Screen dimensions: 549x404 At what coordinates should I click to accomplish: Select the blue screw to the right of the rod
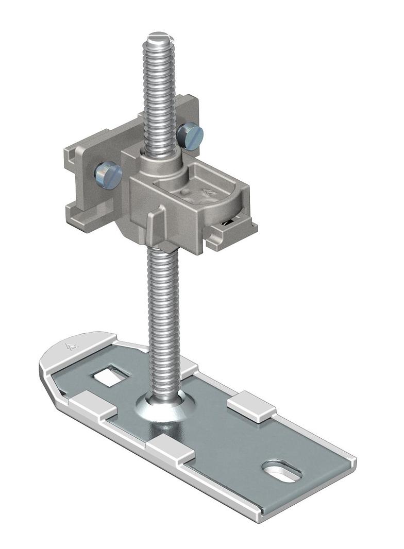coord(190,135)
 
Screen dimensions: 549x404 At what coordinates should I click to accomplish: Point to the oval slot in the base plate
coord(281,472)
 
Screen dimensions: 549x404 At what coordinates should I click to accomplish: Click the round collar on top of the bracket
coord(162,163)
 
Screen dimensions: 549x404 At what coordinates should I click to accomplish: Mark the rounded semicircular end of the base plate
coord(62,355)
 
